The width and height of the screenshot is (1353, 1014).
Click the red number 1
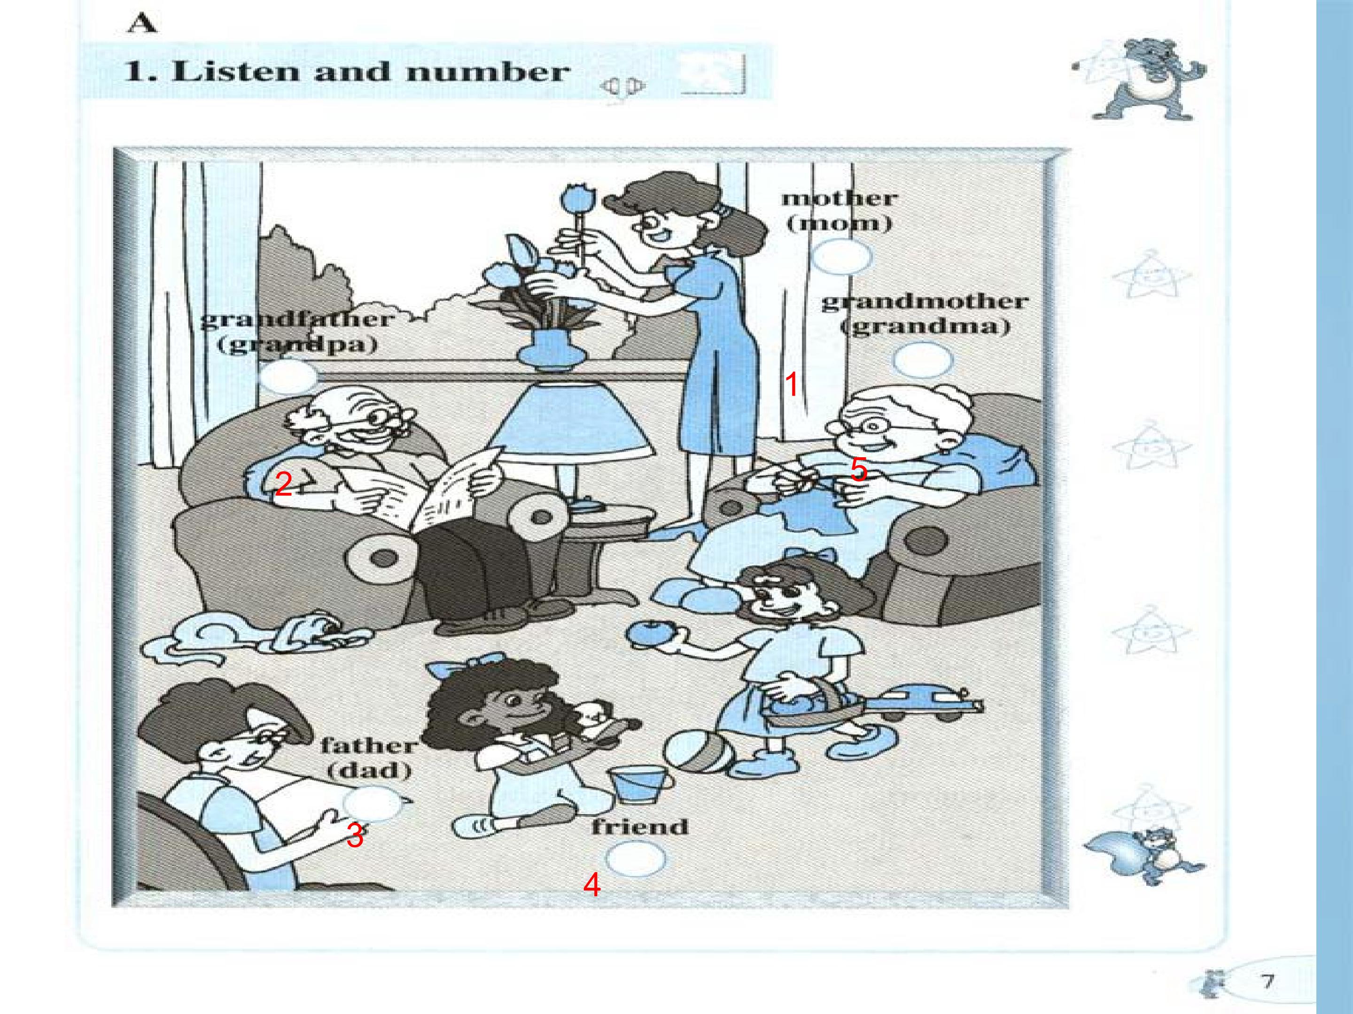click(792, 384)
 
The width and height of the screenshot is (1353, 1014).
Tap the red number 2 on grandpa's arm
click(283, 484)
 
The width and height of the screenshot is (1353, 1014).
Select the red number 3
click(355, 836)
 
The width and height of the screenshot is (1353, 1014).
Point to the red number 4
click(591, 884)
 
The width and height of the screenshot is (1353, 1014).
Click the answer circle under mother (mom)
click(841, 257)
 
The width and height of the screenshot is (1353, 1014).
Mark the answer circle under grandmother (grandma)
click(922, 361)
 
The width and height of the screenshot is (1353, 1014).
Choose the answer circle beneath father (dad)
click(373, 803)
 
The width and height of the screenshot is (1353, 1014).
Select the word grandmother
click(924, 302)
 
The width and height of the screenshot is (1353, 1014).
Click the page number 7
click(1267, 981)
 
